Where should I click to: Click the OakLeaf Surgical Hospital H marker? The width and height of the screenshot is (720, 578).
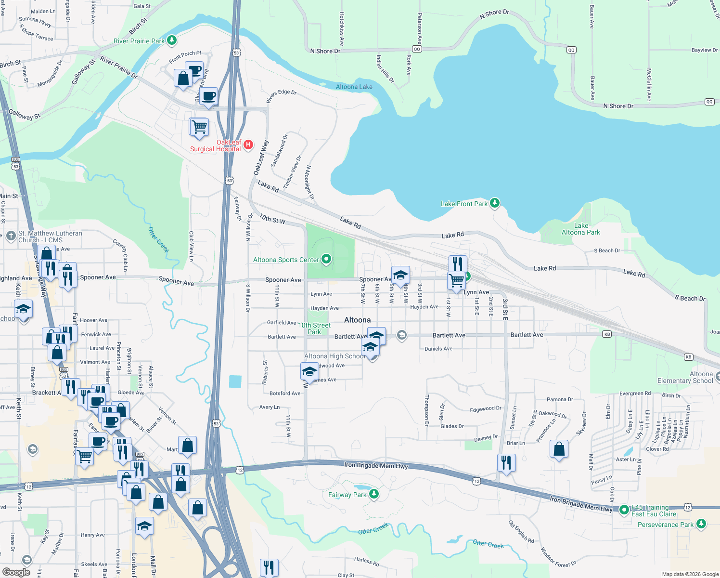pyautogui.click(x=248, y=144)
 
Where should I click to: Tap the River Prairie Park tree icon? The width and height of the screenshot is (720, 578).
pyautogui.click(x=172, y=40)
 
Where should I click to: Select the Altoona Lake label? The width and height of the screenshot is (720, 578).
pyautogui.click(x=354, y=87)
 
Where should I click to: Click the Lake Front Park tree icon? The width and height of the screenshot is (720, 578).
pyautogui.click(x=495, y=203)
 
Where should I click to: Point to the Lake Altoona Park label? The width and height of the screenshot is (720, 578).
pyautogui.click(x=580, y=229)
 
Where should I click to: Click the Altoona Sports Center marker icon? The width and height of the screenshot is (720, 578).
pyautogui.click(x=326, y=259)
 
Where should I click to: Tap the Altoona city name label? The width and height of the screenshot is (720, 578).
pyautogui.click(x=357, y=320)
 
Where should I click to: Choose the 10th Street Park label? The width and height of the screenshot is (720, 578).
pyautogui.click(x=314, y=328)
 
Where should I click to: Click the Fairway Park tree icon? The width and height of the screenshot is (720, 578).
pyautogui.click(x=374, y=494)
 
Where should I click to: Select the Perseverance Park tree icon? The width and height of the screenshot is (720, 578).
pyautogui.click(x=701, y=524)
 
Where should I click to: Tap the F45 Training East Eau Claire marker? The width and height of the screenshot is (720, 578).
pyautogui.click(x=624, y=509)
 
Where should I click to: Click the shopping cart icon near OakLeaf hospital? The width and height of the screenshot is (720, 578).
pyautogui.click(x=199, y=127)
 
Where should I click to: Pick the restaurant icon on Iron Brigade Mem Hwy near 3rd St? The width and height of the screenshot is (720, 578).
pyautogui.click(x=506, y=463)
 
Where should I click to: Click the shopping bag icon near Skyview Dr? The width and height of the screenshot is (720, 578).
pyautogui.click(x=559, y=449)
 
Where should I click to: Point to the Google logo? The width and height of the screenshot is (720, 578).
pyautogui.click(x=16, y=572)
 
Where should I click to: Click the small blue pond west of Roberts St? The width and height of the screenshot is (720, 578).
pyautogui.click(x=235, y=381)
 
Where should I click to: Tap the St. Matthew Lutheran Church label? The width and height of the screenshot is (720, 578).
pyautogui.click(x=50, y=236)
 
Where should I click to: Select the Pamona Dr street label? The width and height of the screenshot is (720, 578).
pyautogui.click(x=560, y=399)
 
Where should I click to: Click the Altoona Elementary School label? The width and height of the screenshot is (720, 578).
pyautogui.click(x=685, y=377)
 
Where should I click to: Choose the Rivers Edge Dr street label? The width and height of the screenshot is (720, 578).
pyautogui.click(x=281, y=96)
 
